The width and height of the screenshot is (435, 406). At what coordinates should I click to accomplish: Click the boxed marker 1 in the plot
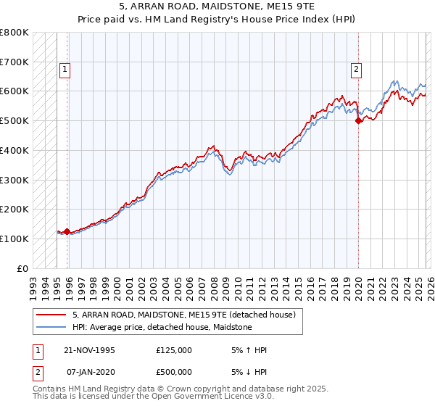point(65,70)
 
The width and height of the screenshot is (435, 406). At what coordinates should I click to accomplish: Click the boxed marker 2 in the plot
point(357,70)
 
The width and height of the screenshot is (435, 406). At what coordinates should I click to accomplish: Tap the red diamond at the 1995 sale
point(67,232)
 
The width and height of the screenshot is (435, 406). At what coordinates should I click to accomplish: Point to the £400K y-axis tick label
point(14,150)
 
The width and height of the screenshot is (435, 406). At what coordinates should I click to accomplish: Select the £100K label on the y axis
point(14,239)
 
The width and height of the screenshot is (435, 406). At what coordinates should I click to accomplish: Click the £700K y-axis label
point(14,62)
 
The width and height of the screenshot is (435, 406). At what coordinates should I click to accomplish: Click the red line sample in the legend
point(51,315)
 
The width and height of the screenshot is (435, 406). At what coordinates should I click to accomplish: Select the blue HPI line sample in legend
point(51,328)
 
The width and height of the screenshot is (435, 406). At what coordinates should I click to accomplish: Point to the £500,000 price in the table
point(173,371)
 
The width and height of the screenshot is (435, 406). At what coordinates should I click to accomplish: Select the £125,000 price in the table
point(173,350)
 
